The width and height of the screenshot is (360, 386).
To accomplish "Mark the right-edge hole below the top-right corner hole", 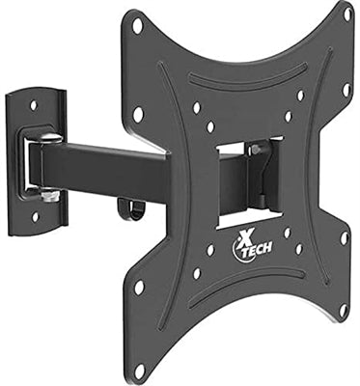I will click(346, 90).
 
